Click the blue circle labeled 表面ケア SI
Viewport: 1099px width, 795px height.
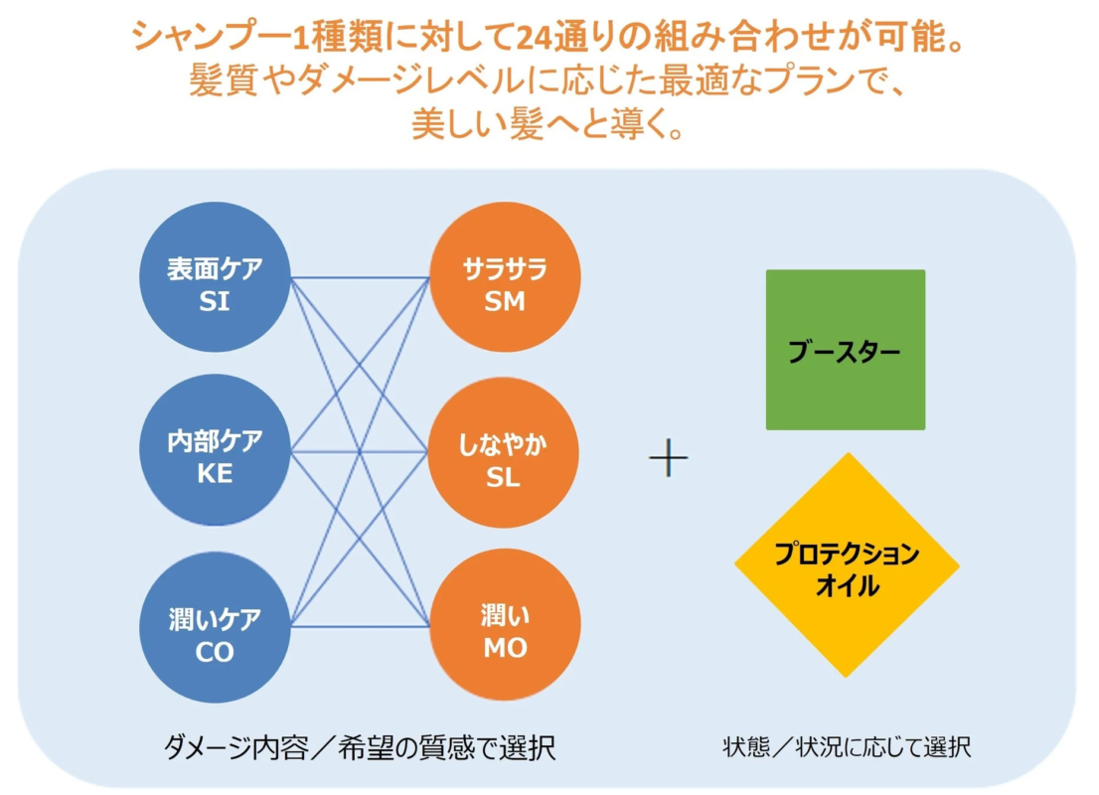click(216, 277)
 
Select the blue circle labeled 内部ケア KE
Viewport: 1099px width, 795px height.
click(216, 450)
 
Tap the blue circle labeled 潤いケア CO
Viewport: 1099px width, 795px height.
click(216, 627)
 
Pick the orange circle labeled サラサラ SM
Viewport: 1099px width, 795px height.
click(505, 277)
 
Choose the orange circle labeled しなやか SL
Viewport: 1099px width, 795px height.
click(503, 453)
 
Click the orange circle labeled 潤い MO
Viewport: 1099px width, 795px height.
click(505, 625)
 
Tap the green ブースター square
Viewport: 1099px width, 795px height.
click(846, 350)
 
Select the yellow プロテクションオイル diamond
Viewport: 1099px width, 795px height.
click(847, 565)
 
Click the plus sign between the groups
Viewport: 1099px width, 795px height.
click(669, 458)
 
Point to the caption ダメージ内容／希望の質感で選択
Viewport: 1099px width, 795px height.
click(359, 748)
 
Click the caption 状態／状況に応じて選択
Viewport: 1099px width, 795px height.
click(847, 747)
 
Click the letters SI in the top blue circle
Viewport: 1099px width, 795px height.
click(215, 301)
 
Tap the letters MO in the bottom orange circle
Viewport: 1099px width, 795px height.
click(506, 649)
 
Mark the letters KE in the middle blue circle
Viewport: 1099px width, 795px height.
click(215, 474)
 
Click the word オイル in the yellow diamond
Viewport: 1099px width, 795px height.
click(847, 585)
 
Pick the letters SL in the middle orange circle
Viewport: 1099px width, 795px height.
click(503, 477)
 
